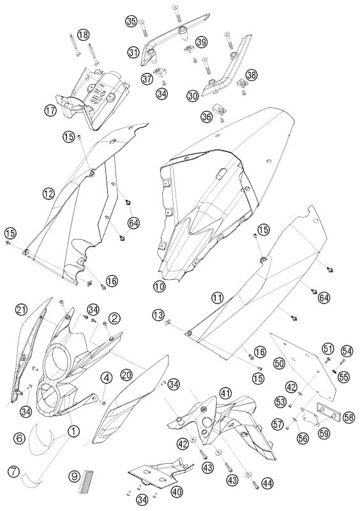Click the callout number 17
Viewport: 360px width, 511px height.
coord(50,111)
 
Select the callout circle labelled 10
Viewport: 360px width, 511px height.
coord(160,286)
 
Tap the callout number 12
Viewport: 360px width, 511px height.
coord(49,194)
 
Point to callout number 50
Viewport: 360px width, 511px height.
coord(280,363)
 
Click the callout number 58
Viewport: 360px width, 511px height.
coord(349,418)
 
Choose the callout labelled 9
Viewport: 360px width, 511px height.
coord(75,476)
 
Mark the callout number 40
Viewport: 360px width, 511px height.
coord(177,491)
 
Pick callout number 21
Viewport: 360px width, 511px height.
coord(21,310)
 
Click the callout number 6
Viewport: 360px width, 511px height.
coord(20,438)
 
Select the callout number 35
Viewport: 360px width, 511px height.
coord(131,22)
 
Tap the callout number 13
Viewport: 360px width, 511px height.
coord(158,315)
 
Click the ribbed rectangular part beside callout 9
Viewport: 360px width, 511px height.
coord(86,482)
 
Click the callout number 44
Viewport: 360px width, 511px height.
coord(267,483)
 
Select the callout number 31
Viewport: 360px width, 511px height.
coord(133,52)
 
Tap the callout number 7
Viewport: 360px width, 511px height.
coord(13,471)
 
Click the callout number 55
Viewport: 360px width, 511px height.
coord(343,377)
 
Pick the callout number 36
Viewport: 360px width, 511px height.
coord(206,117)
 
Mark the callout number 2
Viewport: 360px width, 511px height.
coord(114,318)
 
